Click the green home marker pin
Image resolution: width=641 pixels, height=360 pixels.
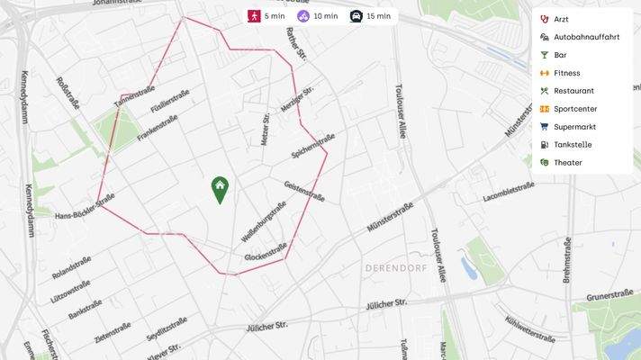tap(220, 188)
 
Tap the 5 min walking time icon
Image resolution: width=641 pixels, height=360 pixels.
tap(255, 16)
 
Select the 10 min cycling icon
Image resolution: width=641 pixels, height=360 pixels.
tap(304, 16)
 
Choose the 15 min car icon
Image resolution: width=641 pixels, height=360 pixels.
tap(356, 16)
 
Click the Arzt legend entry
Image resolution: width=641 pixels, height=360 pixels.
tap(561, 19)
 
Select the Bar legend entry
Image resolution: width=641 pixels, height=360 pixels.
tap(560, 55)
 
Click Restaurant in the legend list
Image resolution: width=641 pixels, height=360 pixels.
tap(573, 91)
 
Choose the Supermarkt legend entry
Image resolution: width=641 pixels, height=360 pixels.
tap(574, 127)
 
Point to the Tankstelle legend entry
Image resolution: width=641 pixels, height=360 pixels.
tap(573, 145)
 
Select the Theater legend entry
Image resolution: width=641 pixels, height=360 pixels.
tap(568, 163)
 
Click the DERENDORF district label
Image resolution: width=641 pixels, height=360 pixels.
tap(393, 268)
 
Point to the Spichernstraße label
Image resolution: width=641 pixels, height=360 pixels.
tap(313, 147)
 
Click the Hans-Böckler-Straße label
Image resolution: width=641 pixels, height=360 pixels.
tap(85, 209)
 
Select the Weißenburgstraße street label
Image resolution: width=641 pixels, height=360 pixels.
tap(264, 221)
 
